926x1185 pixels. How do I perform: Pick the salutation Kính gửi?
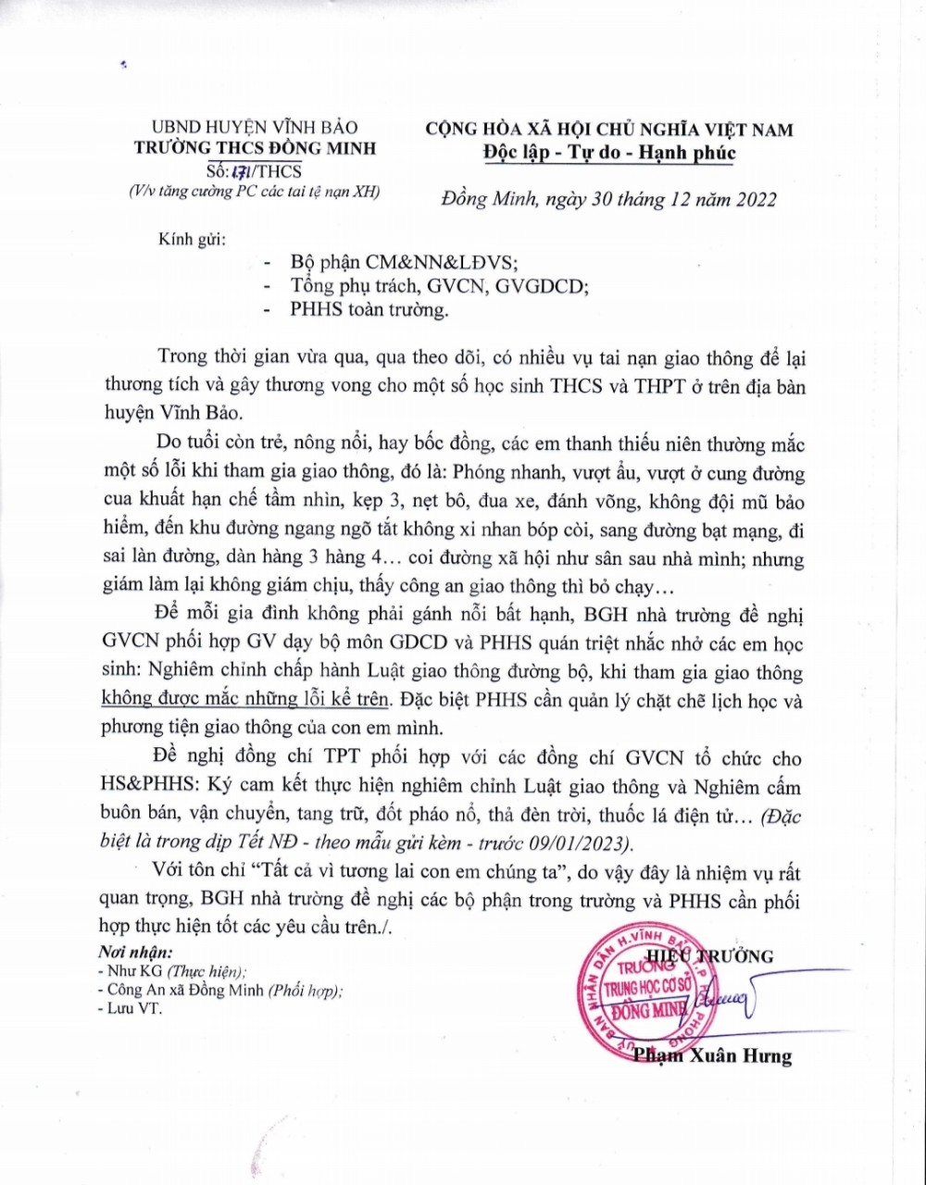tap(191, 239)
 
